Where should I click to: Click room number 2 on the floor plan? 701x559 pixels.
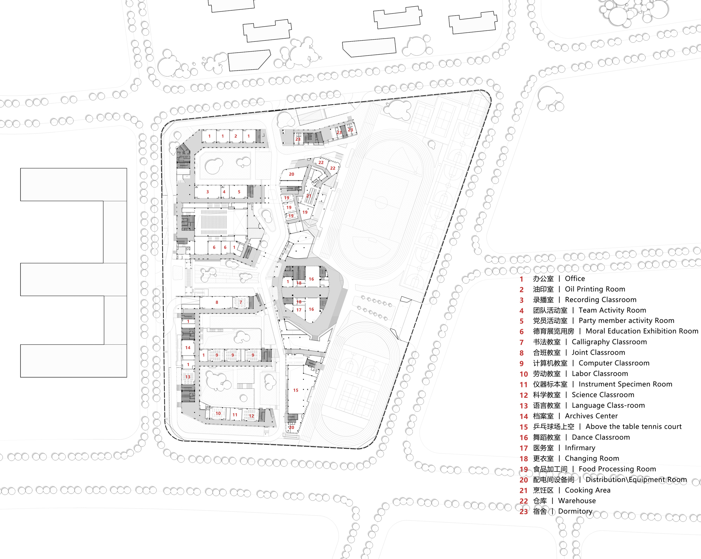tap(236, 136)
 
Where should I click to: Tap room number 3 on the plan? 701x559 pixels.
tap(207, 192)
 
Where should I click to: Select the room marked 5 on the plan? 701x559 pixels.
tap(239, 192)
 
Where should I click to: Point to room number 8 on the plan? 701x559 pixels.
tap(217, 302)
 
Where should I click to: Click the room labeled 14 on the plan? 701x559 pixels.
tap(188, 348)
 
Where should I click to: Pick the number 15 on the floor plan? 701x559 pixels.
tap(296, 390)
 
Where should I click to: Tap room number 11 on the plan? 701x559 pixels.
tap(235, 415)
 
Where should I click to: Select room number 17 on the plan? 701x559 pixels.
tap(299, 310)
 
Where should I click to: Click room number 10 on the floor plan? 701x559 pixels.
tap(218, 413)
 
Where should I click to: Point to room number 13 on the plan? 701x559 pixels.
tap(188, 377)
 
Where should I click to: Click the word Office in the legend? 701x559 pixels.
tap(575, 278)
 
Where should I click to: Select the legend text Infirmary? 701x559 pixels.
tap(580, 448)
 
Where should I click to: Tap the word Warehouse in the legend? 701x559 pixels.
tap(577, 501)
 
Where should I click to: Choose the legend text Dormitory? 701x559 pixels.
tap(575, 511)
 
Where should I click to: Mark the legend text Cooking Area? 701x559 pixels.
tap(588, 490)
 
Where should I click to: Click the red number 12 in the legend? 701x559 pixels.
tap(524, 395)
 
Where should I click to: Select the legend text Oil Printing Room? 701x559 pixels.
tap(595, 289)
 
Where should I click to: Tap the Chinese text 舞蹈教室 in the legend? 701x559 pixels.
tap(547, 437)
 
